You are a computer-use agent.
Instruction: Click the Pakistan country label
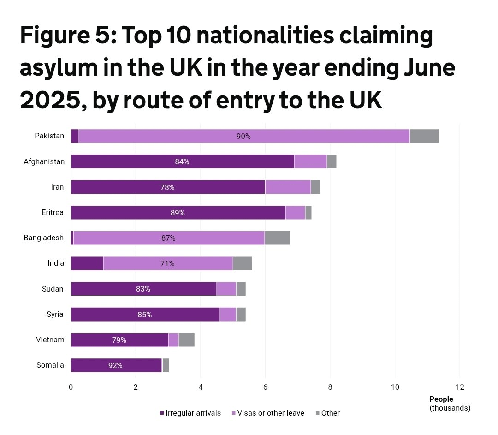[49, 136]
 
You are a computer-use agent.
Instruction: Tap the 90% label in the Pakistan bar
[243, 136]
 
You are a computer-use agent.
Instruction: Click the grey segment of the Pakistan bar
[424, 136]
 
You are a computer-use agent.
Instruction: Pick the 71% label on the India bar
[167, 263]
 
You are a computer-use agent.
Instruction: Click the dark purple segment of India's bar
[87, 263]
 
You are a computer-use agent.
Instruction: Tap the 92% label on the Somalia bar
[115, 365]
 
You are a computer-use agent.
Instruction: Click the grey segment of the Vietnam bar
[186, 340]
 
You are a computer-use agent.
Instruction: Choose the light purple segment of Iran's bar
[288, 187]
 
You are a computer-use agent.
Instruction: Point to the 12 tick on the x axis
[459, 387]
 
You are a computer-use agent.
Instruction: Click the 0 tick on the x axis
[71, 387]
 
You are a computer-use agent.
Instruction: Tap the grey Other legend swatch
[318, 413]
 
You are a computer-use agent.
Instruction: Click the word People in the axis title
[441, 399]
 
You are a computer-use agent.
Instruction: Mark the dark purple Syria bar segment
[115, 315]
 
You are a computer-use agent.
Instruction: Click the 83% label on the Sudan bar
[143, 289]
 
